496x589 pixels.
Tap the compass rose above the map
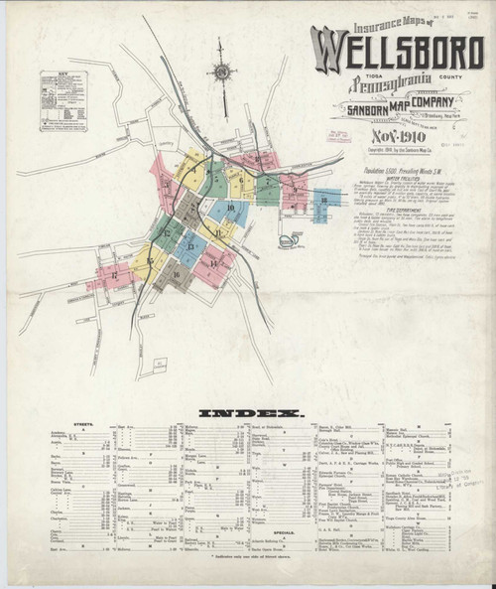[x=220, y=75]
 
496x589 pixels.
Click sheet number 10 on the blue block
[x=230, y=208]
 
